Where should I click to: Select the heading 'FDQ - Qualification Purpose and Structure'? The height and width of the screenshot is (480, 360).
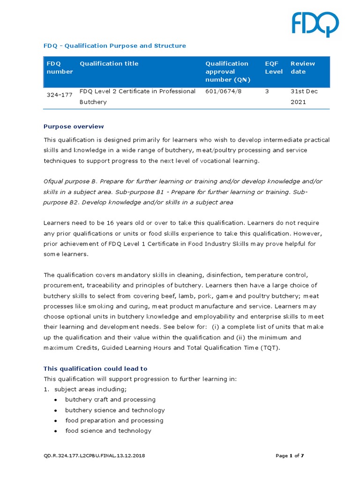114,45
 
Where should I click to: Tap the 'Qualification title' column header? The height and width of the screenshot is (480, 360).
109,64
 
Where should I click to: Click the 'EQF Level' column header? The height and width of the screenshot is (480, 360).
274,67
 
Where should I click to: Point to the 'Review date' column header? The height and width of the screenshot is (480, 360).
303,67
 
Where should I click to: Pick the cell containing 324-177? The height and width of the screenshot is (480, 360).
60,94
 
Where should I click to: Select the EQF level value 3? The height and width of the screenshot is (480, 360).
267,91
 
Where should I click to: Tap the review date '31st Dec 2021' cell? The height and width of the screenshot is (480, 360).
304,97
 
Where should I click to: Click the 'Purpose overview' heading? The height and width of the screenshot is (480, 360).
74,127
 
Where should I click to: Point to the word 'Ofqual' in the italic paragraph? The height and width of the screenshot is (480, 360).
53,181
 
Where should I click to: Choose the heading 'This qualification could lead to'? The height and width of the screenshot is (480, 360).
95,368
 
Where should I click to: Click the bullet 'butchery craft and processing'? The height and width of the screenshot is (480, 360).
110,400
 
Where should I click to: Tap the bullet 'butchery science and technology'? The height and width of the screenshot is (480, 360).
115,410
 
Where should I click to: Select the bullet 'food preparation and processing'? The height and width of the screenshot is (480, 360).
114,420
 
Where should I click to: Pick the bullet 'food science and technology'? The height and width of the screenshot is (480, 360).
108,431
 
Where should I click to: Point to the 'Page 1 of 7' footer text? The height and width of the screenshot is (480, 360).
290,456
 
